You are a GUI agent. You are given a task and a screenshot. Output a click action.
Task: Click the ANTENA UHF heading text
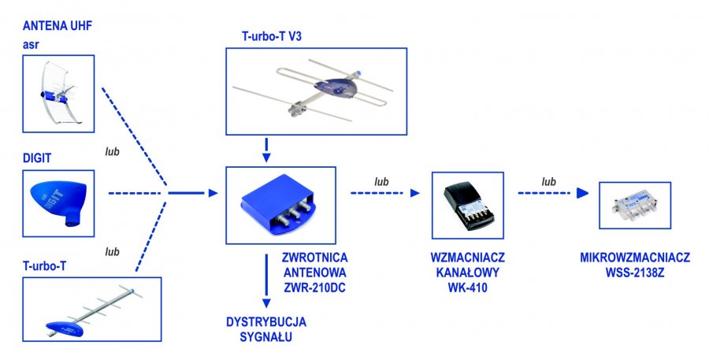[58, 26]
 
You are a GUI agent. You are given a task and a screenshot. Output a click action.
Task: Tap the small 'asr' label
[31, 45]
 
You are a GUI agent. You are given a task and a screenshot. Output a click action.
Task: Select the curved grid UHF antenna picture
[58, 94]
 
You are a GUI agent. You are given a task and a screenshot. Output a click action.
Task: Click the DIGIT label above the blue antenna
[37, 158]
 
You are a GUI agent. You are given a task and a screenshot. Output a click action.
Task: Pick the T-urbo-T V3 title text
[272, 36]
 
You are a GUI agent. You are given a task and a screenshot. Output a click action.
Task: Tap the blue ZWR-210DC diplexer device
[278, 205]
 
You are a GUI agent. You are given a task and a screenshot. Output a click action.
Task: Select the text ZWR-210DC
[314, 288]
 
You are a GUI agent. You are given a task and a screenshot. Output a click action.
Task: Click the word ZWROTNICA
[314, 258]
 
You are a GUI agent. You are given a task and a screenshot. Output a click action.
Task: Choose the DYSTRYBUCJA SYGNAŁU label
[266, 329]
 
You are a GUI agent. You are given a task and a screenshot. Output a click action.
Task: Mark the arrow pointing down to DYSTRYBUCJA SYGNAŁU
[266, 281]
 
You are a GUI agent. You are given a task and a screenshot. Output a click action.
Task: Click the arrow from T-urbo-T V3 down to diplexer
[266, 150]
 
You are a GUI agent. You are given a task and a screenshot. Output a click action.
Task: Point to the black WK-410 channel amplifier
[467, 206]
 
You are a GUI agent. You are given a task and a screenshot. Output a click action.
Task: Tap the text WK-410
[467, 288]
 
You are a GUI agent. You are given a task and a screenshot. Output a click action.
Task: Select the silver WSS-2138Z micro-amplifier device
[635, 206]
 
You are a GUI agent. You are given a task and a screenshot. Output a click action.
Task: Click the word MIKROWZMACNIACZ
[635, 258]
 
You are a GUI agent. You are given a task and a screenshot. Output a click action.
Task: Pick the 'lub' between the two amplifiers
[548, 182]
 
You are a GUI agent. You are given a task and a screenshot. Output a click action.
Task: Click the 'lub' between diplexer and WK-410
[381, 182]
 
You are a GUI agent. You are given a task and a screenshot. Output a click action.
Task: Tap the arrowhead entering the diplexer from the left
[213, 193]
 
